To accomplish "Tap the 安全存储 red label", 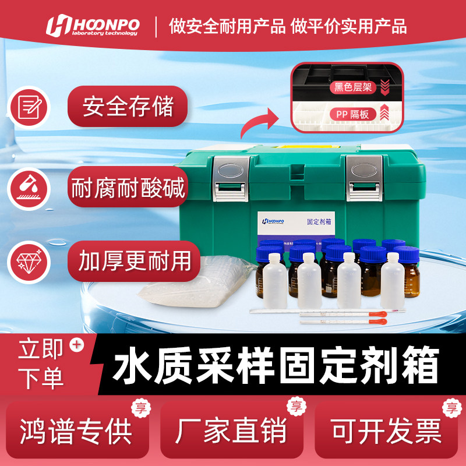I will click(128, 107).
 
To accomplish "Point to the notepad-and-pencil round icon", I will click(28, 107).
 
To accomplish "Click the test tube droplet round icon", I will click(28, 187).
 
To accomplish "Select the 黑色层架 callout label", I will click(353, 88).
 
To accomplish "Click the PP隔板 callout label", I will click(353, 114).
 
